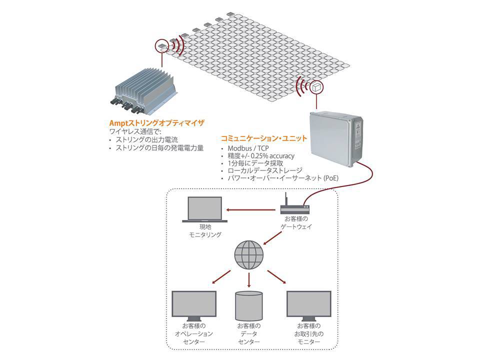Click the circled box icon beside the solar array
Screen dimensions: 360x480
(x=316, y=87)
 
